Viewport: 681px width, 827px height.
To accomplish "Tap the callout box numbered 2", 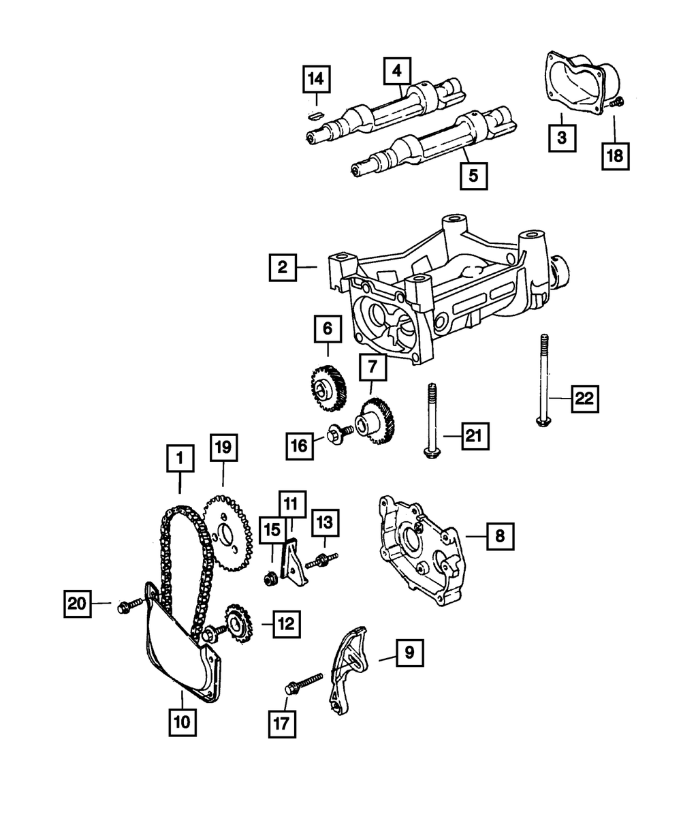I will [281, 268].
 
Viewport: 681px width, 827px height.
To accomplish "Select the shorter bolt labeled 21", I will [431, 423].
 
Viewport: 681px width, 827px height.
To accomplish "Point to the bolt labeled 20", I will [130, 604].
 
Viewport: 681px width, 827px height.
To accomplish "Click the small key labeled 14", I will [315, 115].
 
